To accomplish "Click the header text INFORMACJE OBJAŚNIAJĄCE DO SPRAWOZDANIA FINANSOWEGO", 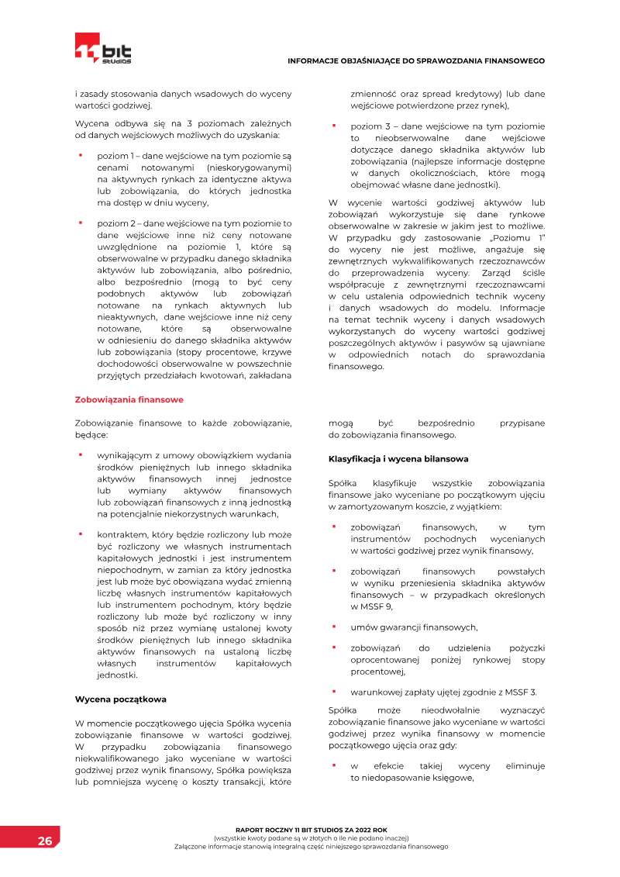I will (415, 60).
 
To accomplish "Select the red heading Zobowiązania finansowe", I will (129, 400).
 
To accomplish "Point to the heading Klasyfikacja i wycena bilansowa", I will (398, 459).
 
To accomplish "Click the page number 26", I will (45, 841).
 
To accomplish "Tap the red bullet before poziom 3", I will (333, 125).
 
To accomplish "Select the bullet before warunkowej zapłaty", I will (333, 691).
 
